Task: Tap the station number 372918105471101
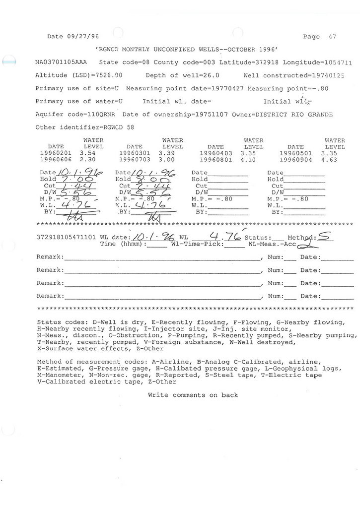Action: [x=67, y=238]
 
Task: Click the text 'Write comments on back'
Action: [x=193, y=395]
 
